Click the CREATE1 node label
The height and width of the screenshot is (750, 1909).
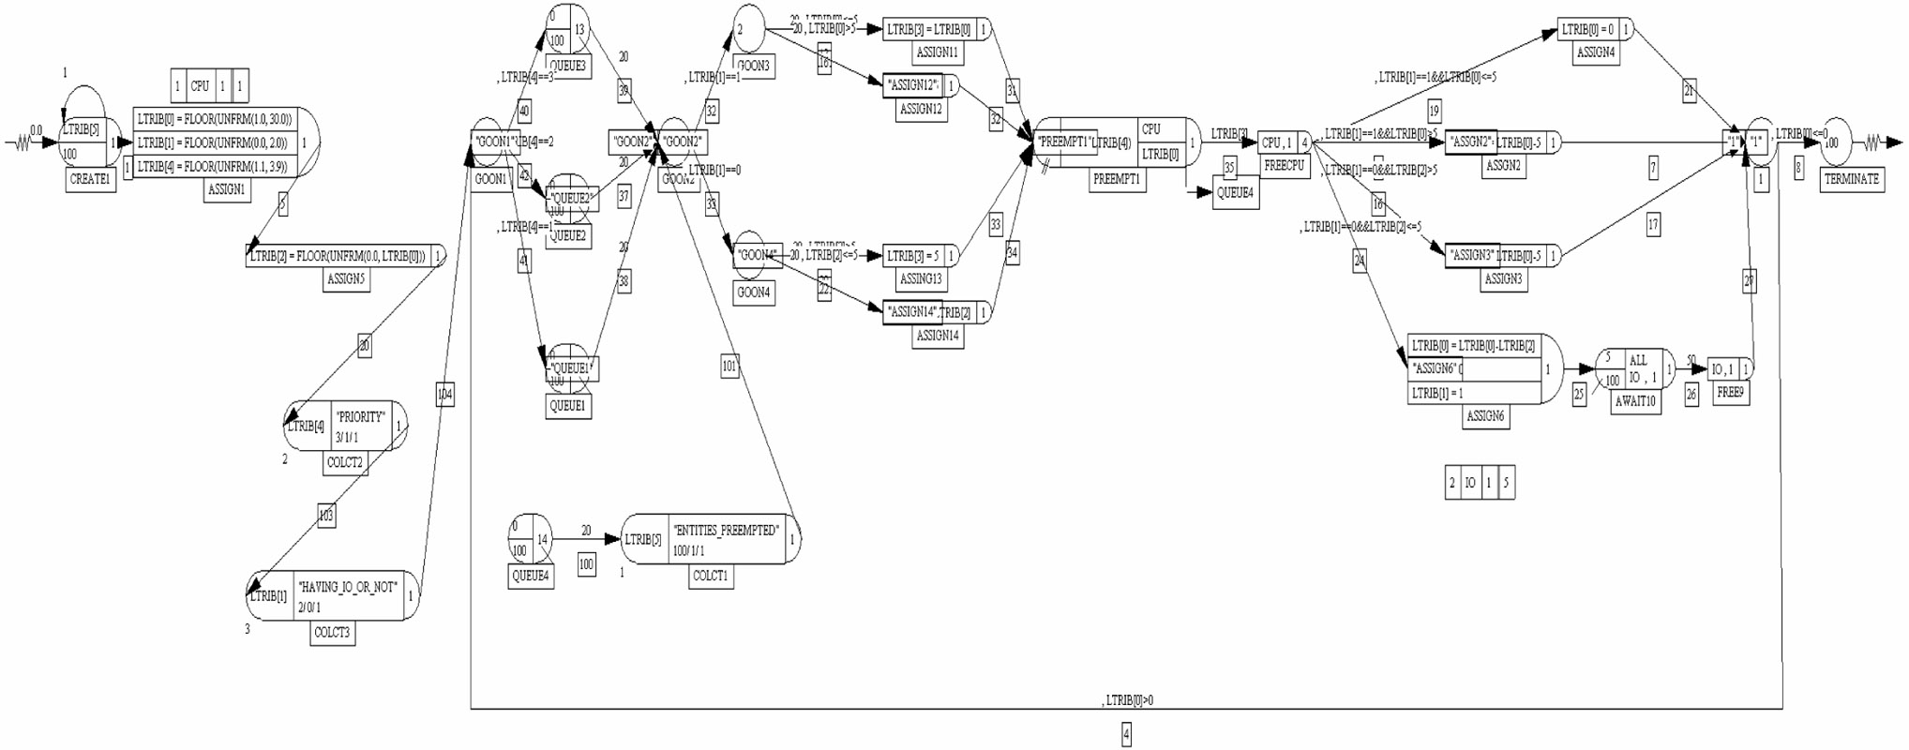click(x=91, y=179)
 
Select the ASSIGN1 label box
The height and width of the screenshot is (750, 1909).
click(x=226, y=189)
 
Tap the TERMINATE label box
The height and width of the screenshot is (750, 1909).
click(x=1851, y=179)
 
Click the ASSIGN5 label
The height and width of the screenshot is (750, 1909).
click(x=346, y=278)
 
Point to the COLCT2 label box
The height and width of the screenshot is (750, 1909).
click(x=344, y=462)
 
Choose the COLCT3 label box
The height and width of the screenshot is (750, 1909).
click(x=332, y=633)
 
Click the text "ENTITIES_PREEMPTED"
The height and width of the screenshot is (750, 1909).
click(x=725, y=531)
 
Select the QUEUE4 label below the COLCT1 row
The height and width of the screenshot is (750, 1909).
click(x=530, y=576)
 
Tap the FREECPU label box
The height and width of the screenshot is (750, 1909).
click(x=1284, y=166)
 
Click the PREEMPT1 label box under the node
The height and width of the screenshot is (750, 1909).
click(x=1116, y=179)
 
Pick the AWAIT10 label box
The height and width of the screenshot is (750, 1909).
click(x=1635, y=401)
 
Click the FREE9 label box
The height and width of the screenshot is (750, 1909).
click(x=1729, y=393)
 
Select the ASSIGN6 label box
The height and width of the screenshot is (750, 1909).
click(x=1485, y=415)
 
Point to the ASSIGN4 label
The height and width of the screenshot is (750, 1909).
click(x=1595, y=52)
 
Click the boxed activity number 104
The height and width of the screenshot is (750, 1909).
click(x=444, y=395)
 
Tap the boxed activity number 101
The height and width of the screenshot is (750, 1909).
click(x=729, y=367)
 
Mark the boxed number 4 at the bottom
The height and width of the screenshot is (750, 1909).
click(x=1126, y=735)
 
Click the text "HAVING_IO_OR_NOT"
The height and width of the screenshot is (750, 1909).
click(x=348, y=588)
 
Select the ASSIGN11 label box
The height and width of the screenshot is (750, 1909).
click(x=936, y=52)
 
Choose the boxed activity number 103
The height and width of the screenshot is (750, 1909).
click(x=325, y=515)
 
